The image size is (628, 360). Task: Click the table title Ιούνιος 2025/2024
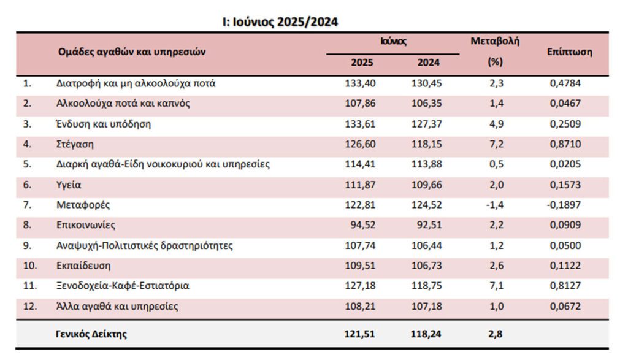coord(280,21)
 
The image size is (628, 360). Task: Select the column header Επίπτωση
coord(569,52)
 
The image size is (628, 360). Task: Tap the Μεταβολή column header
coord(495,41)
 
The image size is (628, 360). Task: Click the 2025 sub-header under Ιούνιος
coord(362,63)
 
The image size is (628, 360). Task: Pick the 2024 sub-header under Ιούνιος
coord(428,63)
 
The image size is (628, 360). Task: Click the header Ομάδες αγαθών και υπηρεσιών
coord(132,52)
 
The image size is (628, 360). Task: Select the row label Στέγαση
coord(75,144)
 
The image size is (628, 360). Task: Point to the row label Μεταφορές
coord(83,205)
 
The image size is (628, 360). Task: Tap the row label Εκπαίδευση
coord(83,266)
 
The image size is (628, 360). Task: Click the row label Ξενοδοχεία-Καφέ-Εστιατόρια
coord(123,286)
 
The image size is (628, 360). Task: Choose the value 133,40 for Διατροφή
coord(360,83)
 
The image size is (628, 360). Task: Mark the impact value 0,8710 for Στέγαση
coord(565,144)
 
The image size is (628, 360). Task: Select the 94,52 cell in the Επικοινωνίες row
coord(363,224)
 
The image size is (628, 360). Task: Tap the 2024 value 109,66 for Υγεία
coord(427,185)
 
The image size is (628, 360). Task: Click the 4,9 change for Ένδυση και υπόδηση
coord(496,124)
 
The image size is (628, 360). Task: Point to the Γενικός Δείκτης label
coord(91,334)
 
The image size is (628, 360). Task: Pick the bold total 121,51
coord(359,334)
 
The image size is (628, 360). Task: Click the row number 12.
coord(29,307)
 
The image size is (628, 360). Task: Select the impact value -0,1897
coord(564,205)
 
